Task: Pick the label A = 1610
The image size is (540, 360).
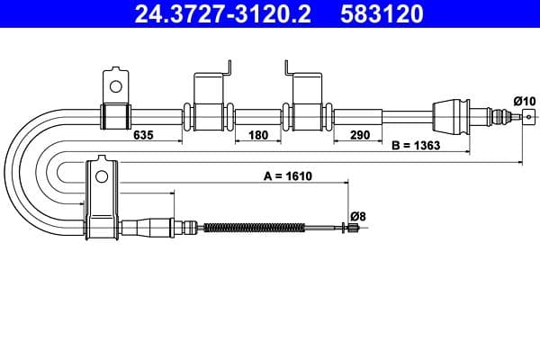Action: point(287,176)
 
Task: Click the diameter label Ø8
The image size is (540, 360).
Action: point(357,215)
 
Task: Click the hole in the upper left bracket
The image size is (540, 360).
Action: point(114,86)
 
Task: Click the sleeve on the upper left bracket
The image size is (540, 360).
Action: point(114,116)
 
